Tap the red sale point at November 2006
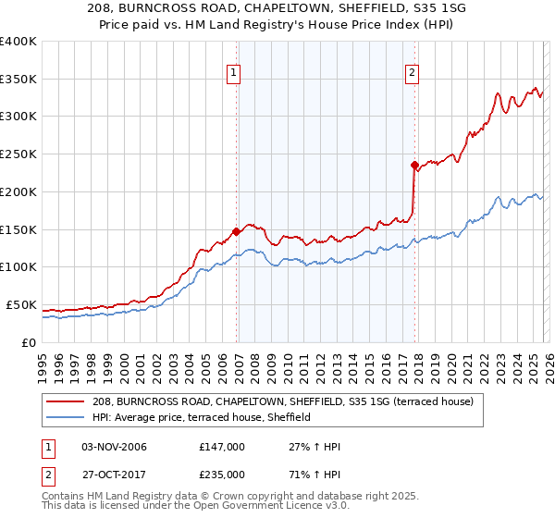click(x=236, y=231)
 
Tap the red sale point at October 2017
click(x=414, y=165)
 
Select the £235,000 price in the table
click(x=222, y=475)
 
